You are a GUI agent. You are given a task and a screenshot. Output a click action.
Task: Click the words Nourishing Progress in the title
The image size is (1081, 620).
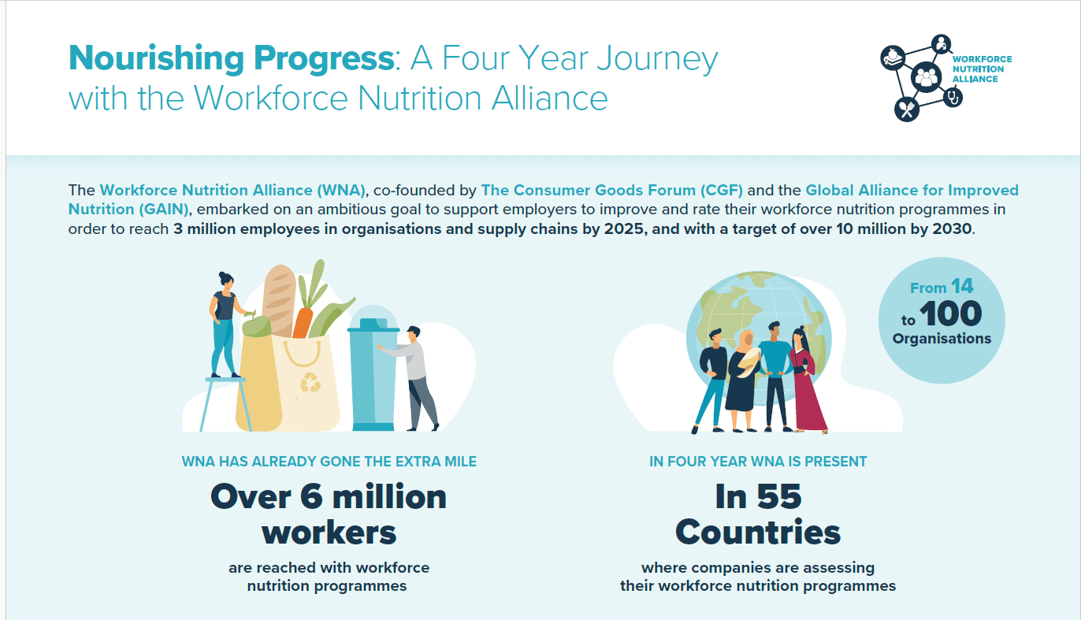(x=229, y=59)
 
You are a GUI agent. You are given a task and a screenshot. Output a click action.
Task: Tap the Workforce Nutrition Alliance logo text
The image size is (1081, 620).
(x=982, y=69)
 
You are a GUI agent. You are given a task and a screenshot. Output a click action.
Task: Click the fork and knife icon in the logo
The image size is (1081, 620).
(x=908, y=110)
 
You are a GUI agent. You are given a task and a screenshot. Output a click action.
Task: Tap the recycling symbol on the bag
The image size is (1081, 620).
(x=310, y=382)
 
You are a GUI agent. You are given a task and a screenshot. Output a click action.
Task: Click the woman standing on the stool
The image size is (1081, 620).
(x=225, y=323)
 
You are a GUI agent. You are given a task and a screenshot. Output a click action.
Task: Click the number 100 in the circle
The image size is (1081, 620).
(x=950, y=314)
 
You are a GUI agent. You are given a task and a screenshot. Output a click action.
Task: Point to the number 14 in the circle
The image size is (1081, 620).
(x=962, y=287)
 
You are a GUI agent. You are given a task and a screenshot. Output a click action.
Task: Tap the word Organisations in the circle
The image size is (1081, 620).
(x=942, y=339)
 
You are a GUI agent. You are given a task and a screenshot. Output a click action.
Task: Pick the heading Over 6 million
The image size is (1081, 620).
(x=329, y=496)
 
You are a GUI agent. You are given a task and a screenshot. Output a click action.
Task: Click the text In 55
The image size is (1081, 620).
(x=758, y=496)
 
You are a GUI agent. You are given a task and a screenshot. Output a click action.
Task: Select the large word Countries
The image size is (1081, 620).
(x=758, y=533)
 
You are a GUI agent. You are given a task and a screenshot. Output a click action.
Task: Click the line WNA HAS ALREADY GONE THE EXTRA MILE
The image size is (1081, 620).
(x=329, y=461)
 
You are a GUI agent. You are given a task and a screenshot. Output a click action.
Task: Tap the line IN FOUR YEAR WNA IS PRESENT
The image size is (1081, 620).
(x=758, y=461)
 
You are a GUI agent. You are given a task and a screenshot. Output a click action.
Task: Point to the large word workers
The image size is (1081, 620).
(x=329, y=533)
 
